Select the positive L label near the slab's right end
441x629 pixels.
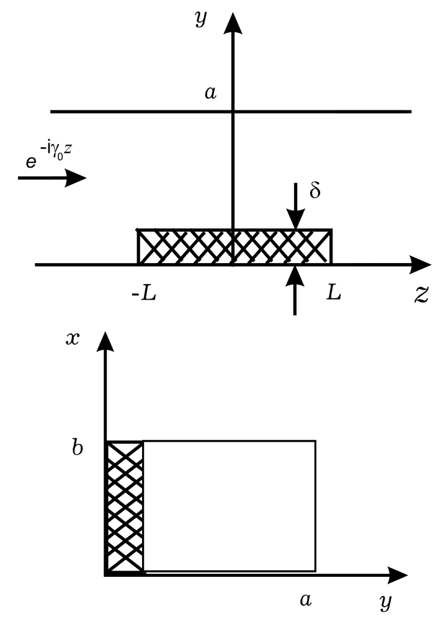point(334,292)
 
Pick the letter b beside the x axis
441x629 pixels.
point(78,447)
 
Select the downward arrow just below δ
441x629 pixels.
point(295,215)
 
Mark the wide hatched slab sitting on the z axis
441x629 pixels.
point(234,246)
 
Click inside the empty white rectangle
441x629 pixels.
point(229,506)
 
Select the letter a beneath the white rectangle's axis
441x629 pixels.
point(305,599)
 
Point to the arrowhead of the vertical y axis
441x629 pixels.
point(233,22)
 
